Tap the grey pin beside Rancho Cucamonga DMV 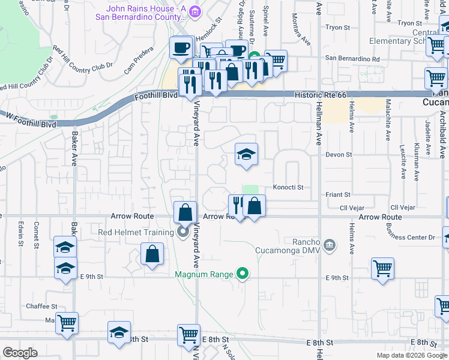329,244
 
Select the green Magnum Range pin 243,274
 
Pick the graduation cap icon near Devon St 246,155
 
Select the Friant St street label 339,194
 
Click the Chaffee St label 41,306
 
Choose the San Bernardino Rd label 352,59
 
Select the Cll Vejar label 352,208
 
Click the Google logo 21,353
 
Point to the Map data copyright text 411,355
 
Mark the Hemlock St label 207,20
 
